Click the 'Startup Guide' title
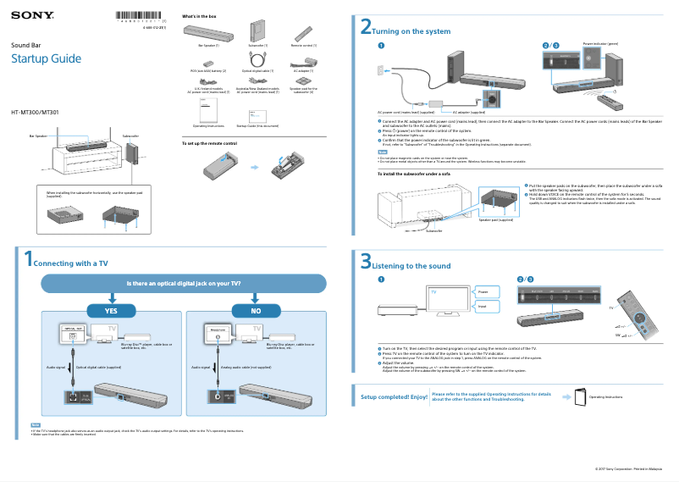click(46, 58)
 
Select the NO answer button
click(256, 311)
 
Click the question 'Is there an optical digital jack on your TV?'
click(184, 284)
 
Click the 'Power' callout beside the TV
click(483, 291)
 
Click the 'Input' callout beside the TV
click(483, 307)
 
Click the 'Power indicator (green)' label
click(600, 42)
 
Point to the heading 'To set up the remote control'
click(210, 143)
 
